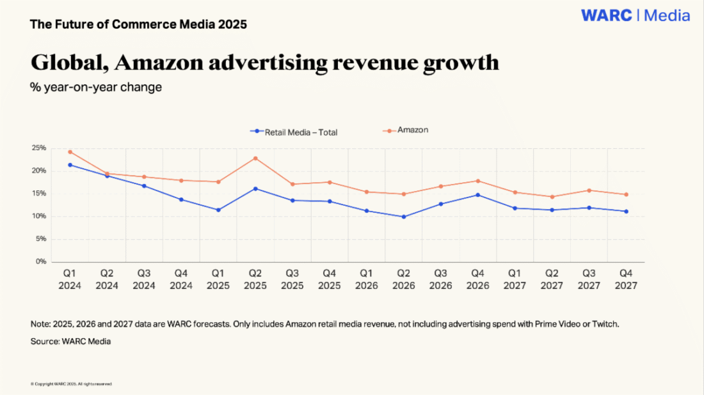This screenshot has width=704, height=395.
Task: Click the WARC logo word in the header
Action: tap(607, 15)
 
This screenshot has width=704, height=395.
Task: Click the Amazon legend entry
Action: tap(412, 130)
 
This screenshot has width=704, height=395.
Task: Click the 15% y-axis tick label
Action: tap(40, 194)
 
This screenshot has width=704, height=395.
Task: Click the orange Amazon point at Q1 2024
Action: tap(70, 151)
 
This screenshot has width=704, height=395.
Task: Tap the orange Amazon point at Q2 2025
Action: tap(255, 158)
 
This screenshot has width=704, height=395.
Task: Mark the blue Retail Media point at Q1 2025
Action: tap(218, 210)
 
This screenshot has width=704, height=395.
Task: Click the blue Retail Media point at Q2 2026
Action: tap(404, 217)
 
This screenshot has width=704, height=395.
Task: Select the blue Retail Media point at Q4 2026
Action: tap(478, 195)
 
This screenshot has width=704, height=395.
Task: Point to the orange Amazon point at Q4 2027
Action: tap(626, 194)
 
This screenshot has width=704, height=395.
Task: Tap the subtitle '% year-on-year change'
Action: tap(96, 88)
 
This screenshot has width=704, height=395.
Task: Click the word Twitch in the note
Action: tap(604, 324)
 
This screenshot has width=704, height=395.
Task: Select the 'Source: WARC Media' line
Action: tap(70, 341)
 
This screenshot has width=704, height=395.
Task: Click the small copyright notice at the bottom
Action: tap(71, 383)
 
